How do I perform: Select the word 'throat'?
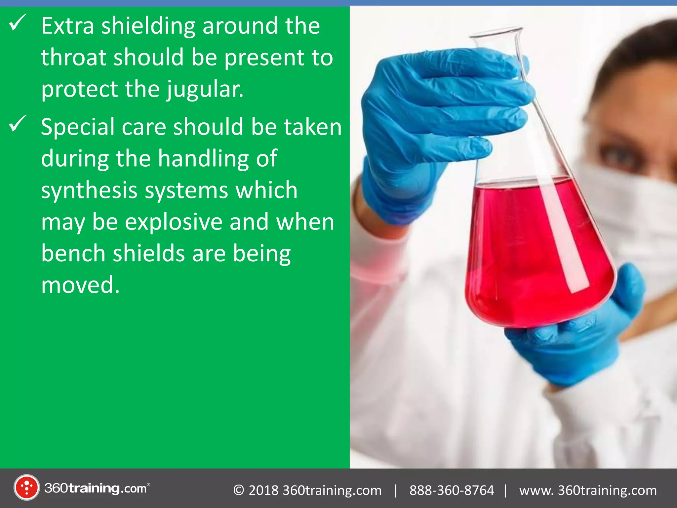(x=74, y=58)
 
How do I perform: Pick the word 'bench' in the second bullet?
(x=73, y=253)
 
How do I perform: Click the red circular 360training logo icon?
(x=26, y=487)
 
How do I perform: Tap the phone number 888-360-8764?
(x=452, y=490)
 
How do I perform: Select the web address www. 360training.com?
(x=588, y=490)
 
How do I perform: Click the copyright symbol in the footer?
(x=239, y=490)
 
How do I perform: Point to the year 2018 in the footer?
(x=263, y=490)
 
